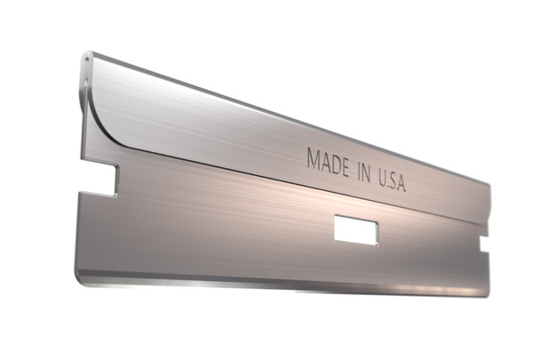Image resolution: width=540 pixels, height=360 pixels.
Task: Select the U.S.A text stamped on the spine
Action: click(391, 180)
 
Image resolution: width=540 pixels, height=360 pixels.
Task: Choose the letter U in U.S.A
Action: click(379, 176)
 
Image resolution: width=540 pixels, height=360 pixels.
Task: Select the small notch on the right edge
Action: click(484, 243)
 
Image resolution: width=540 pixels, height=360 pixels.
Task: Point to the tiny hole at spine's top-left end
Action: click(88, 60)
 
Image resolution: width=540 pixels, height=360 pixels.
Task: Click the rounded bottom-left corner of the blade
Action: click(81, 278)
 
